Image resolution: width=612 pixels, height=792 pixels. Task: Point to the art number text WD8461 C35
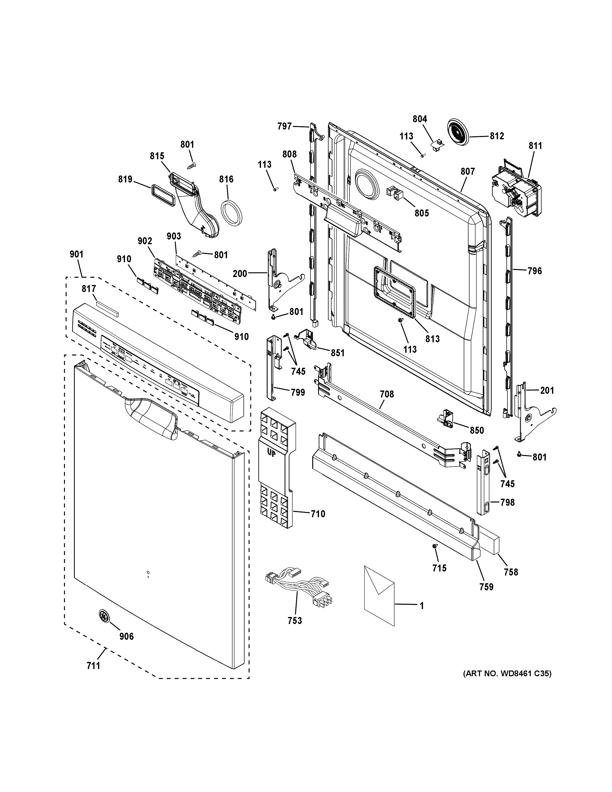coord(507,674)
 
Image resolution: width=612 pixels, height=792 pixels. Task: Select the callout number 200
coord(240,273)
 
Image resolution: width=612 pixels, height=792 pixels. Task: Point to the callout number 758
coord(510,572)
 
